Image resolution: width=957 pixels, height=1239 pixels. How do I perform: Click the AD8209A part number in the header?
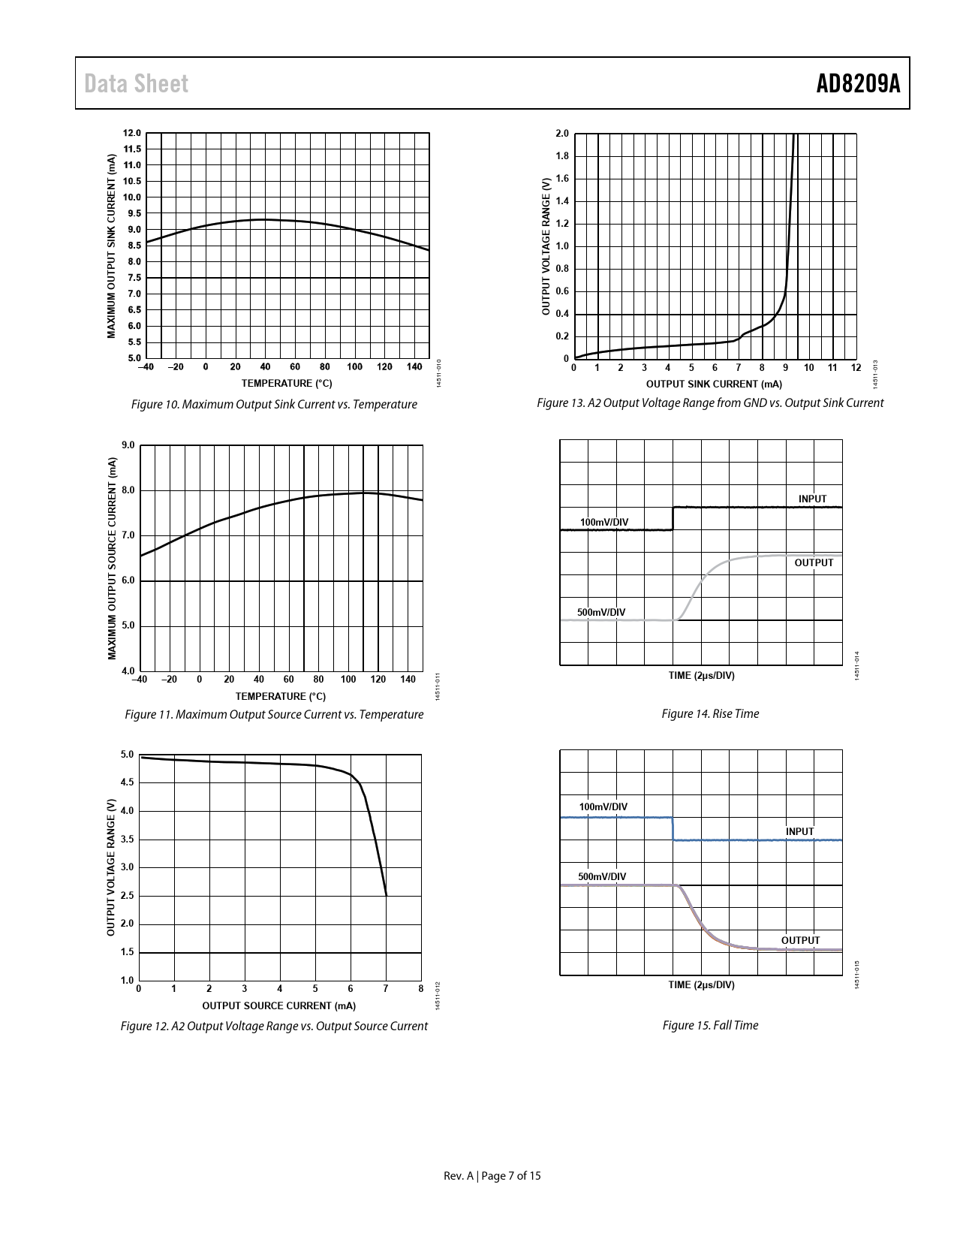[x=858, y=84]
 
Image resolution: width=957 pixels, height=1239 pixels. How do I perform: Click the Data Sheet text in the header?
[x=137, y=84]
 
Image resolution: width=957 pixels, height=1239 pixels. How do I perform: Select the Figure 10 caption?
[x=274, y=405]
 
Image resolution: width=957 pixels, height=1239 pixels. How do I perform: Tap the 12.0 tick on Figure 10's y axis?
[x=132, y=133]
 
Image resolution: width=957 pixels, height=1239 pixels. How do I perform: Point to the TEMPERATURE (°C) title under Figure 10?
[x=286, y=384]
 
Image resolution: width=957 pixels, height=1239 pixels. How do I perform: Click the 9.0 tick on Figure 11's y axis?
[x=128, y=445]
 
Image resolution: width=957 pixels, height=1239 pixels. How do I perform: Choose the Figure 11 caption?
[x=274, y=714]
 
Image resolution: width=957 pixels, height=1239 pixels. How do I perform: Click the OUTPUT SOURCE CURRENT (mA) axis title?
[x=278, y=1005]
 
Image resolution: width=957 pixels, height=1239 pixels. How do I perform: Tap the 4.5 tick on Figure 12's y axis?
[x=127, y=782]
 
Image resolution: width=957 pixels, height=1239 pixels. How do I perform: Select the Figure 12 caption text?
[x=274, y=1026]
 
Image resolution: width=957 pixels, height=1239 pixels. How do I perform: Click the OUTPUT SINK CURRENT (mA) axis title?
[x=714, y=384]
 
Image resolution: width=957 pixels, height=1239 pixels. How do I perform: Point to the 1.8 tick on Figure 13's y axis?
[x=561, y=156]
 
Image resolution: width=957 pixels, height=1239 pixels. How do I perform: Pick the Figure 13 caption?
[x=710, y=403]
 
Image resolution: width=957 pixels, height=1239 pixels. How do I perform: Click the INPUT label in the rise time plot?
[x=812, y=499]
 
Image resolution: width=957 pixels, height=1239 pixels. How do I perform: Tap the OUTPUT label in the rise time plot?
[x=814, y=562]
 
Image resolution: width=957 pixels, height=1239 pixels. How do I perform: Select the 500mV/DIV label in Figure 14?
[x=601, y=612]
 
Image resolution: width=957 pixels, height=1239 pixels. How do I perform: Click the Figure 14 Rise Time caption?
[x=710, y=714]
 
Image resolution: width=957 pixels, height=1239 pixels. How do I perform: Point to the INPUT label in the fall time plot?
[x=799, y=831]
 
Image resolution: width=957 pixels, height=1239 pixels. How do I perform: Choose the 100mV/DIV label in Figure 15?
[x=603, y=807]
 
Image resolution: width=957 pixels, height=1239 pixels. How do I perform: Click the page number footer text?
[x=492, y=1176]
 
